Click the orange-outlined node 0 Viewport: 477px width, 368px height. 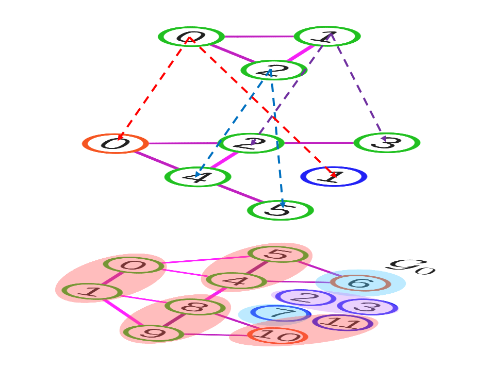115,143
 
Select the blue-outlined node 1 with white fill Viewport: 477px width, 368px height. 334,177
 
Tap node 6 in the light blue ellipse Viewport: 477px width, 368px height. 360,283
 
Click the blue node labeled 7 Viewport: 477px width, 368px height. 281,313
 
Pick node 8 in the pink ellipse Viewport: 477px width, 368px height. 195,307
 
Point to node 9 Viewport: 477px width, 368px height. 153,333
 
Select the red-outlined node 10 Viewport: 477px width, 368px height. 277,336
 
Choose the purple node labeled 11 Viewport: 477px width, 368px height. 342,323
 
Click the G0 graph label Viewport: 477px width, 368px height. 410,266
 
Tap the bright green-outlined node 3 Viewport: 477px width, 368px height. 387,143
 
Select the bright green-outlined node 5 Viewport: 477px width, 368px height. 280,210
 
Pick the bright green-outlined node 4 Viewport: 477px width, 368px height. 198,177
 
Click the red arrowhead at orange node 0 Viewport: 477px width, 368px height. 120,137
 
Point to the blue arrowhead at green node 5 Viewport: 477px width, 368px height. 283,205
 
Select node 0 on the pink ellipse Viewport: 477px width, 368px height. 134,265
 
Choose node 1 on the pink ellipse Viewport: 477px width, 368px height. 92,292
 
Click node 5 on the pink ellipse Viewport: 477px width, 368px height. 278,254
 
